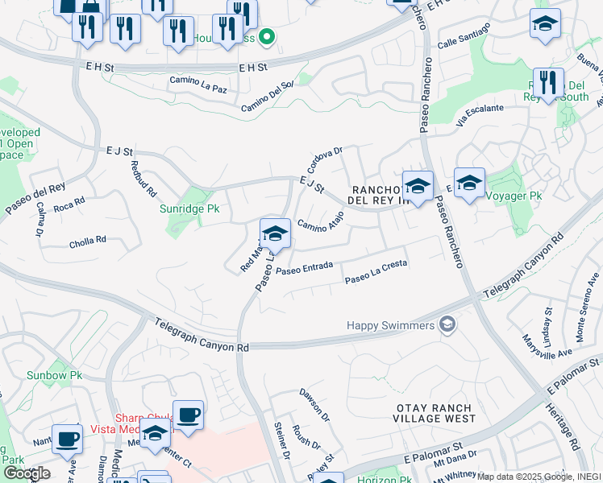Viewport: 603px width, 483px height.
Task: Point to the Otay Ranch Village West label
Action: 435,414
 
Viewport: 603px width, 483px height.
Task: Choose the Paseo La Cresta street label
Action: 376,272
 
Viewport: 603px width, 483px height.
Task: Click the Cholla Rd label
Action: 88,240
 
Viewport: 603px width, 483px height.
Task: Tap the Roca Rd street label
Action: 69,205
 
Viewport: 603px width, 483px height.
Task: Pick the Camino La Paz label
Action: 198,84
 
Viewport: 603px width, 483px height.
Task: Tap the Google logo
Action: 27,473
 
